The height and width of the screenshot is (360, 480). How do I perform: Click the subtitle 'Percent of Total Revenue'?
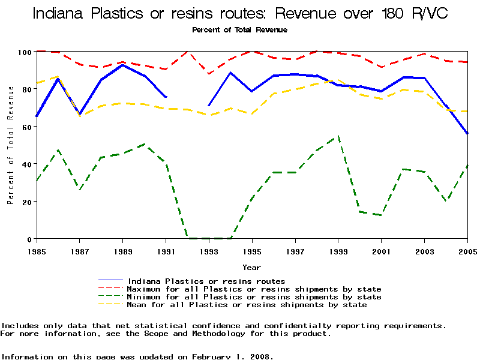[x=239, y=29]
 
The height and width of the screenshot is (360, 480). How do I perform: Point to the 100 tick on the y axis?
[x=24, y=52]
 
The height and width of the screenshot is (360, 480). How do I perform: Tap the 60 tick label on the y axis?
[x=24, y=127]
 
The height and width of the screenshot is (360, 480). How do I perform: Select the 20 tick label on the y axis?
[x=24, y=202]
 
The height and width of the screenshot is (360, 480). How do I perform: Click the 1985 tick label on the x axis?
[x=37, y=251]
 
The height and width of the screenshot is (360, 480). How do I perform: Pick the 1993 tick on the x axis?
[x=209, y=251]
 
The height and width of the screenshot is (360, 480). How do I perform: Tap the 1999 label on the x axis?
[x=338, y=251]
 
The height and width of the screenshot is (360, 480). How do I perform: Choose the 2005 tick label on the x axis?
[x=467, y=251]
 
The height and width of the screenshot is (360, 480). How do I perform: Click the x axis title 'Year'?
[x=251, y=267]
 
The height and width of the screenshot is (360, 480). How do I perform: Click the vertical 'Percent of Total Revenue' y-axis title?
[x=10, y=145]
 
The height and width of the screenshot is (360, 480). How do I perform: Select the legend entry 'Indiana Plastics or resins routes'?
[x=206, y=281]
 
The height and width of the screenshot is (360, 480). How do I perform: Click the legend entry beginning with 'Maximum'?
[x=254, y=289]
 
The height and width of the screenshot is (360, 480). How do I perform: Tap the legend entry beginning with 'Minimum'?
[x=254, y=297]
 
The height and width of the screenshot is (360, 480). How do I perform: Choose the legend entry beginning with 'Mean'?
[x=247, y=305]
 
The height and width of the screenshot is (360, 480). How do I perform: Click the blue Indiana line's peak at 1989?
[x=123, y=65]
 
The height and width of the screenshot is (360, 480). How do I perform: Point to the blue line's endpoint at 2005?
[x=467, y=133]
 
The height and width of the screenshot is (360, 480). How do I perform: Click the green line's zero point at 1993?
[x=209, y=238]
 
